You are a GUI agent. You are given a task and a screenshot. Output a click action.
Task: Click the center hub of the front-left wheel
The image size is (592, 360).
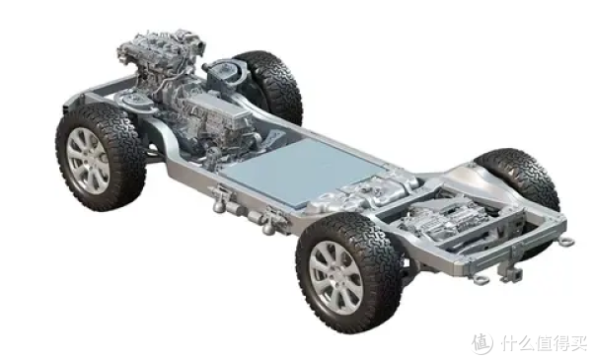coord(88,161)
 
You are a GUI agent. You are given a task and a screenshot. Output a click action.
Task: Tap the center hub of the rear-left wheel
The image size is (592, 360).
coord(335,277)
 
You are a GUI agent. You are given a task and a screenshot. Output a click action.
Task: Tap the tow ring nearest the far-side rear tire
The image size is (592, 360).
coord(567,241)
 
